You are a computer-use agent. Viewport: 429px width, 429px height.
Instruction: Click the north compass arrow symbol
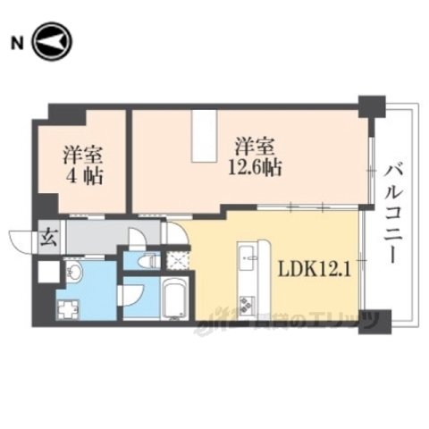(x=52, y=42)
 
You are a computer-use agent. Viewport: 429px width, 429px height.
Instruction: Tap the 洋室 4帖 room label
(x=83, y=163)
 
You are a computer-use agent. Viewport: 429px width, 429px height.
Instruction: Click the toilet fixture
(x=147, y=261)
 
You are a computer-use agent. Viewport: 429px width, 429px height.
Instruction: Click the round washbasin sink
(x=73, y=271)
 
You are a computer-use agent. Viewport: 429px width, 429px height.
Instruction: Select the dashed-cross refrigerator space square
(x=178, y=261)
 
